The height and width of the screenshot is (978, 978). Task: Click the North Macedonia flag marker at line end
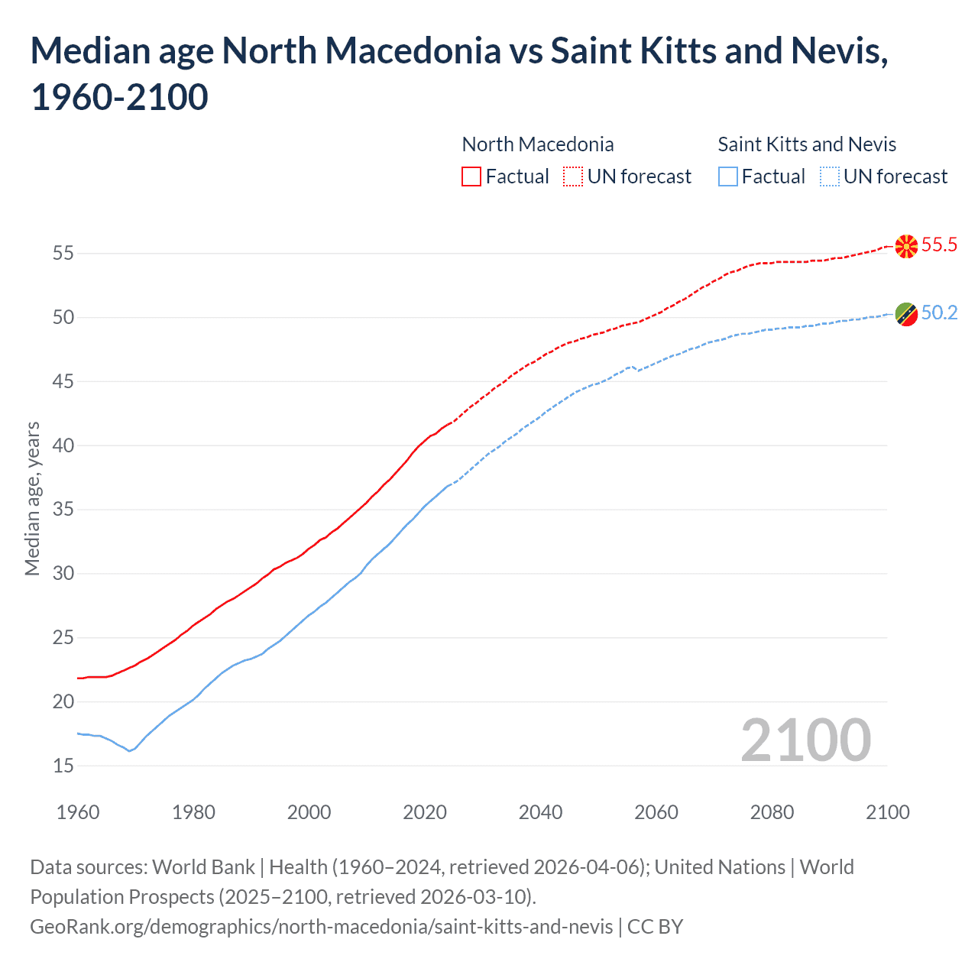point(906,246)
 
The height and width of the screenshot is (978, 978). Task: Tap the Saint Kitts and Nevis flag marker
point(906,313)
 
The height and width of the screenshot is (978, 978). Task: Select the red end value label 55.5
point(939,244)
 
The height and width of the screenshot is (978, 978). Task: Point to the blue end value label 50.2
point(939,313)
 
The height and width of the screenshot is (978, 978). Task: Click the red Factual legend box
point(471,176)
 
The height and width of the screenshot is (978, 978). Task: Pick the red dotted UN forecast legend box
point(573,176)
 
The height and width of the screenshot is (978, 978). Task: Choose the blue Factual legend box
point(728,176)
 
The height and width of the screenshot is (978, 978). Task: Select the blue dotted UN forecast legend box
point(829,176)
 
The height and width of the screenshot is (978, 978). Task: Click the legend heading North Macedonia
point(538,144)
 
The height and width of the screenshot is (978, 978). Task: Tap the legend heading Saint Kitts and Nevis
point(807,144)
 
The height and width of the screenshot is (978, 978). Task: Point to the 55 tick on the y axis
point(63,253)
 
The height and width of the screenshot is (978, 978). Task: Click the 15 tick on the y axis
point(63,766)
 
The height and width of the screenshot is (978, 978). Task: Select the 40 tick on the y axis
point(63,445)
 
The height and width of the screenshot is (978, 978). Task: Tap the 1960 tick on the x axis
point(78,812)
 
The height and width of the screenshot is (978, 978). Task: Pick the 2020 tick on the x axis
point(425,812)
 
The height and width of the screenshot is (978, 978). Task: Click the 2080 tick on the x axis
point(772,812)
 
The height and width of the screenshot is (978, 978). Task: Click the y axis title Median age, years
point(32,498)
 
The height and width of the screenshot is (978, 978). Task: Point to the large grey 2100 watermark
point(805,740)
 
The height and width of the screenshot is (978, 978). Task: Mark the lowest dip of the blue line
point(129,751)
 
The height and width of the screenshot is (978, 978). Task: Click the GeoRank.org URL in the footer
point(321,927)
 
